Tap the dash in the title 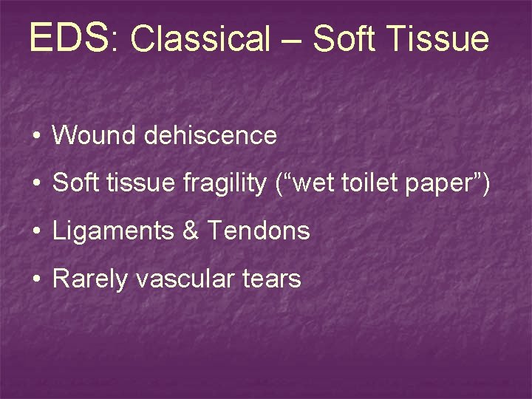click(x=292, y=41)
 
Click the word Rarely click(x=90, y=279)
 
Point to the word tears click(x=274, y=279)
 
